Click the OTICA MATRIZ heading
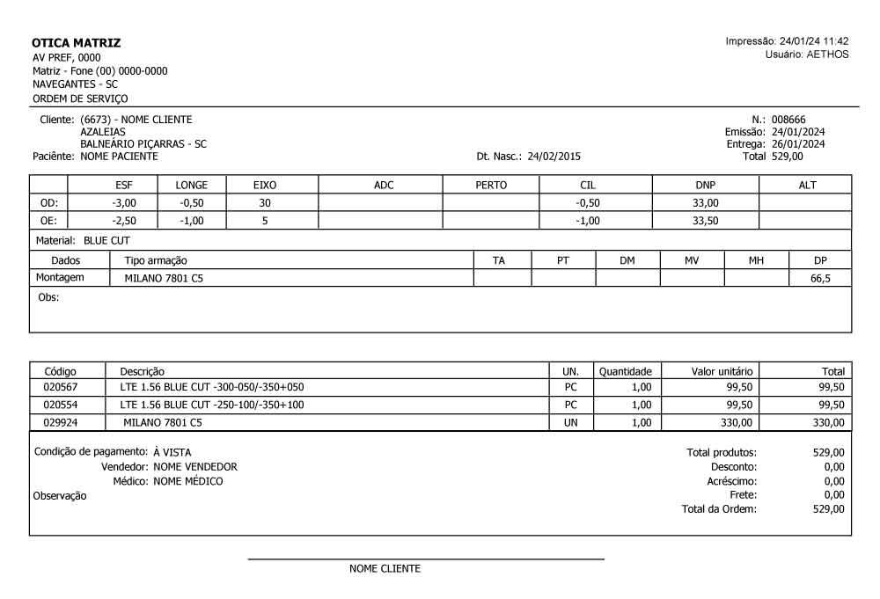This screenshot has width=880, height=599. click(x=76, y=42)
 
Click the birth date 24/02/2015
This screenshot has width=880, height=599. click(x=554, y=157)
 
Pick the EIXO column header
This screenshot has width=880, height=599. click(x=265, y=185)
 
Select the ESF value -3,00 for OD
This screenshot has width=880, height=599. click(x=123, y=202)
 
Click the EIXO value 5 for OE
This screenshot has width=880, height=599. click(x=265, y=221)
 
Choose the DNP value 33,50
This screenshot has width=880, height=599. click(x=705, y=221)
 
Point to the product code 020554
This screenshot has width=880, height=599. click(x=60, y=405)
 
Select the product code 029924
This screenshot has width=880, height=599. click(x=60, y=423)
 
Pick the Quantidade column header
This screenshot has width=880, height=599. click(x=625, y=372)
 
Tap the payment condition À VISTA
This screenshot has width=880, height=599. click(x=172, y=452)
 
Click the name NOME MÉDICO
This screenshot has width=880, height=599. click(x=187, y=481)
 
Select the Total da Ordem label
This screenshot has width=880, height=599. click(x=719, y=509)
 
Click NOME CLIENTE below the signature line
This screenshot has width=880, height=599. click(x=385, y=569)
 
